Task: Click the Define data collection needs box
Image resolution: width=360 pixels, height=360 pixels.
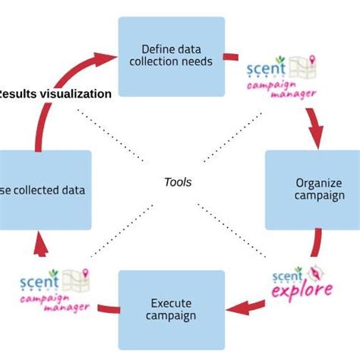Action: point(171,54)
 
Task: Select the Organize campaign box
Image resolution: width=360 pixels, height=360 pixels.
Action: point(312,190)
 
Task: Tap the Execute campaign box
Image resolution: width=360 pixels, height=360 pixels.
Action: point(171,308)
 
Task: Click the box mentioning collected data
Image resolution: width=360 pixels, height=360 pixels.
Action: point(46,190)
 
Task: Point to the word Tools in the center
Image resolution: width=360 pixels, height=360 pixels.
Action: point(178,182)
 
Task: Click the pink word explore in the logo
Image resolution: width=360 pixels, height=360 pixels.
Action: point(302,291)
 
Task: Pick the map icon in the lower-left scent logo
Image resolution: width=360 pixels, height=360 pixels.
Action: point(75,280)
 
